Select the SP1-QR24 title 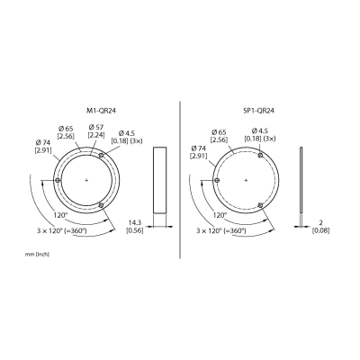coord(258,111)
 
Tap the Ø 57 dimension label coord(96,129)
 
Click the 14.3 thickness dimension coord(135,223)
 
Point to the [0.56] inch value coord(134,230)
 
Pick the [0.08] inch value coord(320,230)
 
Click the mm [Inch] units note coord(37,255)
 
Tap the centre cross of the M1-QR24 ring coord(86,180)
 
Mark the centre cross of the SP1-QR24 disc coord(246,180)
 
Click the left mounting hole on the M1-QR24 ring coord(58,180)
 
